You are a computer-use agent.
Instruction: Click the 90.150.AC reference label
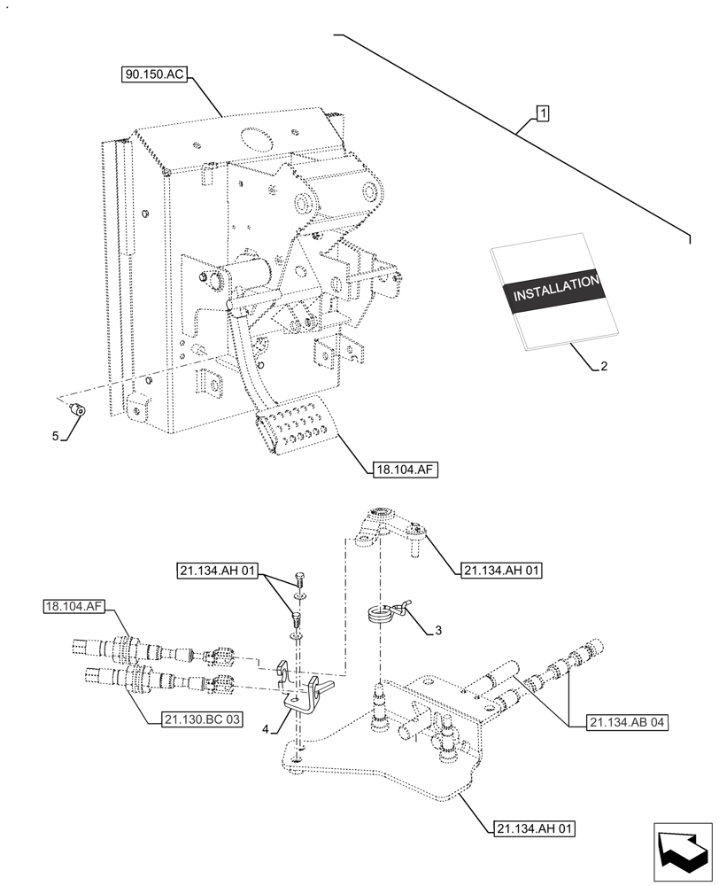pos(154,75)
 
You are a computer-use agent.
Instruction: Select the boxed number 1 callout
pos(542,113)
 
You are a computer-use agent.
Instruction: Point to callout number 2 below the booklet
pos(604,365)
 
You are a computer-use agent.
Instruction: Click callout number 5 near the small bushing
pos(55,436)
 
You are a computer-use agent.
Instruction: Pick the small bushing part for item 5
pos(77,409)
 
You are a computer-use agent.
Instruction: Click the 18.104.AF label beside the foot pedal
pos(400,470)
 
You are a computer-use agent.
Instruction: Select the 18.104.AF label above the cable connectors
pos(73,607)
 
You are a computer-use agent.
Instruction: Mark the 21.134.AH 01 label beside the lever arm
pos(501,571)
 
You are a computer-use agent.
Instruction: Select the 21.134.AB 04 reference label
pos(627,722)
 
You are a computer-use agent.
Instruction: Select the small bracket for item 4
pos(298,690)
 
